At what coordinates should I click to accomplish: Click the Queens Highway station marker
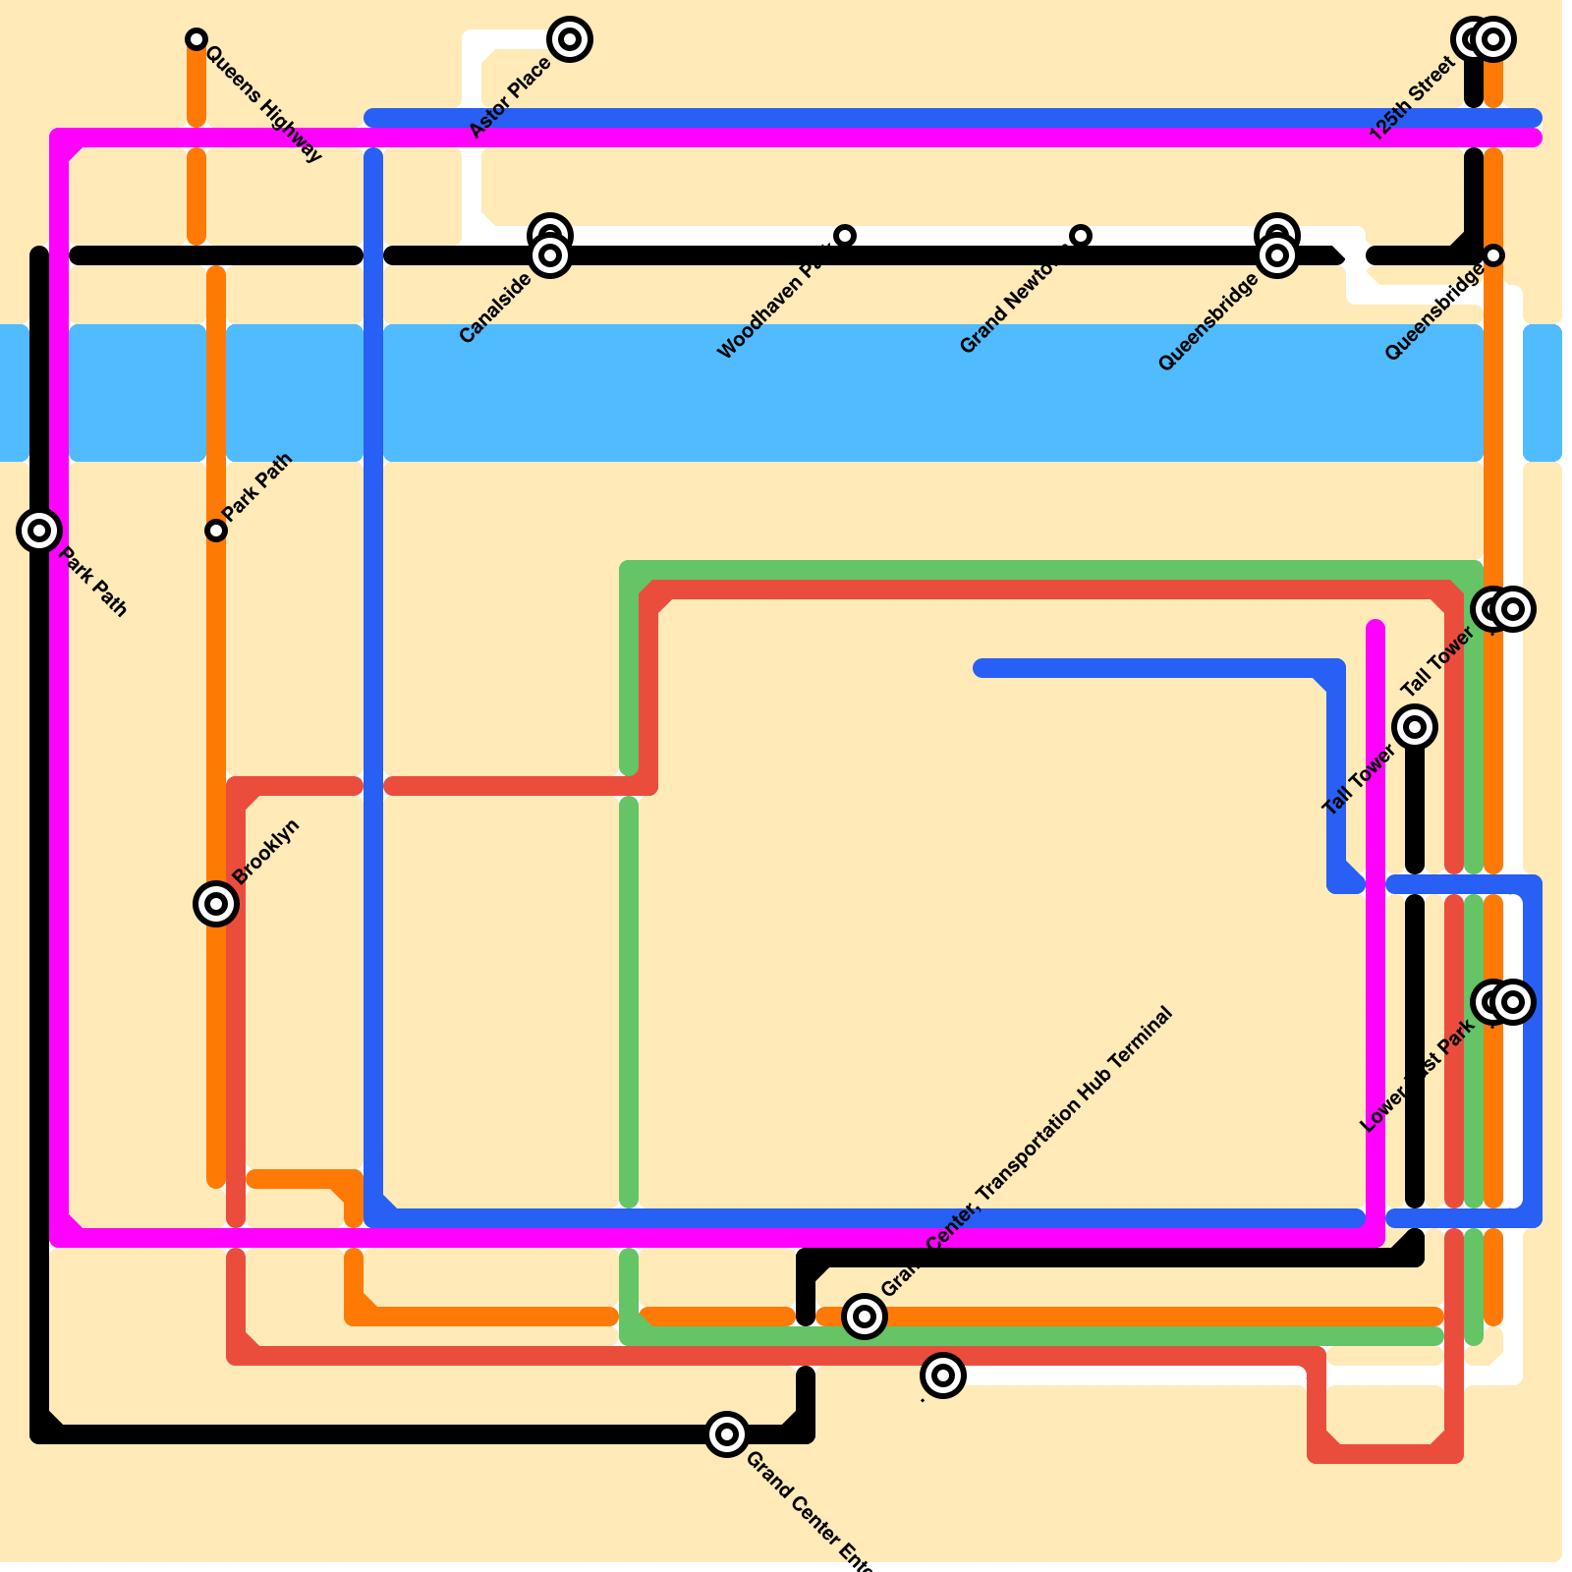tap(196, 39)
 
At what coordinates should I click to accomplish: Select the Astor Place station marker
tap(570, 39)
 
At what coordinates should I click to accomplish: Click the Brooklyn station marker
tap(216, 904)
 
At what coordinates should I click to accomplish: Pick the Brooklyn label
tap(266, 851)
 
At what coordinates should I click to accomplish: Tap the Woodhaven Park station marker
tap(845, 236)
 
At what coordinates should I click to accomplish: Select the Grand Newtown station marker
tap(1081, 236)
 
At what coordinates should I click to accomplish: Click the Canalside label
tap(495, 309)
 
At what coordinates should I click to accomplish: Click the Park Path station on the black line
tap(39, 531)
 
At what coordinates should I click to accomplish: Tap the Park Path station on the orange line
tap(216, 531)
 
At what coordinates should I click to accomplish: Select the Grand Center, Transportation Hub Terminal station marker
tap(865, 1317)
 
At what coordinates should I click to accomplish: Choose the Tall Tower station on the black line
tap(1415, 727)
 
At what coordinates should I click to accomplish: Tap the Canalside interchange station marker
tap(550, 246)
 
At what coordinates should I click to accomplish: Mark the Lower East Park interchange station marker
tap(1503, 1002)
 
